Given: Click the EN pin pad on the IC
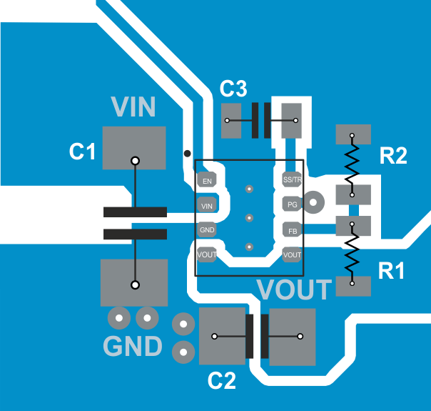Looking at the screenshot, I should click(207, 181).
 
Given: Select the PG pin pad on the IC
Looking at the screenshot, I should click(292, 204).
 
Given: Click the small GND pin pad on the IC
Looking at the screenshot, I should click(207, 230).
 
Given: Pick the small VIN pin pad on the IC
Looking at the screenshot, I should click(207, 206).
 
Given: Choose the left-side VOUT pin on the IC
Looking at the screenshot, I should click(207, 254).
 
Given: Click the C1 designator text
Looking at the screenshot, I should click(82, 152).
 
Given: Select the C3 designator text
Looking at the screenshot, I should click(233, 89).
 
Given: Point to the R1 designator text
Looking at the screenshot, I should click(391, 271).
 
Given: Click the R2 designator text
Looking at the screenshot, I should click(392, 157).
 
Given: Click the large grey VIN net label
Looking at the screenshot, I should click(133, 107).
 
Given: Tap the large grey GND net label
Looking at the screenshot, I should click(133, 347).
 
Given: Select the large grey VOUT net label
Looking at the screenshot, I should click(294, 290).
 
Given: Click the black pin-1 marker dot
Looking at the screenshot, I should click(187, 153).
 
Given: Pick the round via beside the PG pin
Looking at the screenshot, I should click(314, 203).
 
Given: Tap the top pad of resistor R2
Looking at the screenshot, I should click(353, 133).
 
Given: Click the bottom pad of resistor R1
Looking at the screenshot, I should click(353, 287).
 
